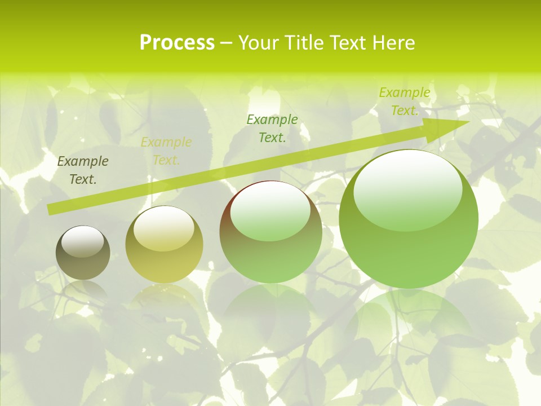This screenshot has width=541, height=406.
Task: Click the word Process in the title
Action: coord(177,43)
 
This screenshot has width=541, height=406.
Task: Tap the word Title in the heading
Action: coord(304,43)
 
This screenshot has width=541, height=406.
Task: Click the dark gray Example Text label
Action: coord(83,170)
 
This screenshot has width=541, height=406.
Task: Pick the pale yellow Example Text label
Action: coord(166,151)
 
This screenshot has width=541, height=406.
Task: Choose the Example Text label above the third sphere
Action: coord(272,129)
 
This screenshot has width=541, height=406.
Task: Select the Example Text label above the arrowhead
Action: coord(405,101)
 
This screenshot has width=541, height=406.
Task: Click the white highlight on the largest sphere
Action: coord(407,183)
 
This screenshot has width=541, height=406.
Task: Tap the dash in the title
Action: coord(226,43)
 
